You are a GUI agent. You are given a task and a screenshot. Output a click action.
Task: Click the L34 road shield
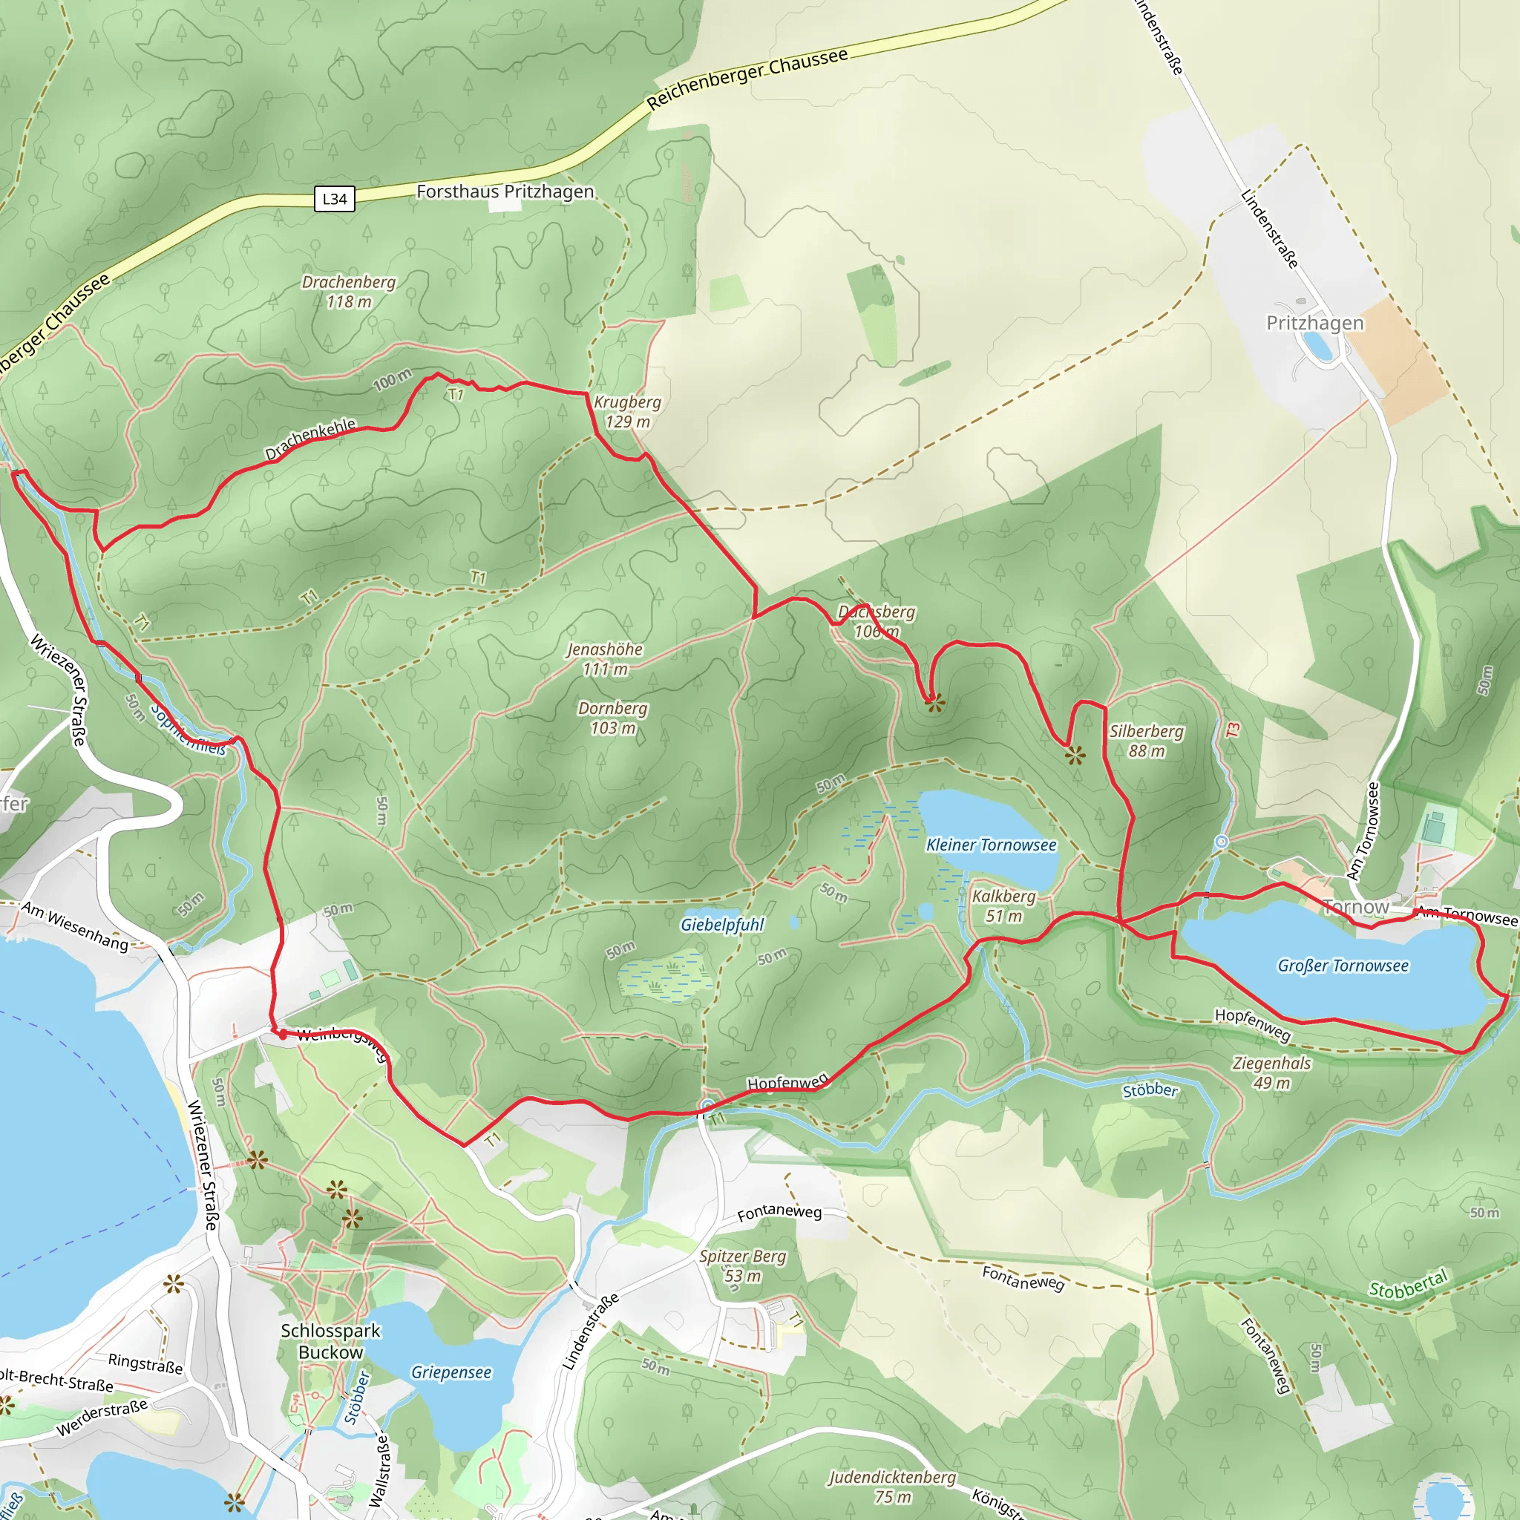335,198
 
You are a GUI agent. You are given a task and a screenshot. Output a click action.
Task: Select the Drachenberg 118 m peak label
349,291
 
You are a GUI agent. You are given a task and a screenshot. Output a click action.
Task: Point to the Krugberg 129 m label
627,411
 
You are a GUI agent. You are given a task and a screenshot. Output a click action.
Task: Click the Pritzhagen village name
1314,323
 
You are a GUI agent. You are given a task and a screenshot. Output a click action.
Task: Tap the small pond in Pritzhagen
1319,345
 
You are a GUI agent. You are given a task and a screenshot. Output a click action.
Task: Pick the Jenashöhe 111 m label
604,658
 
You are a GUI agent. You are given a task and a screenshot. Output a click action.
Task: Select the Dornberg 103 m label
612,718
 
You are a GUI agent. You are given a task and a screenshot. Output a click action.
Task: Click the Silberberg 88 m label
1146,740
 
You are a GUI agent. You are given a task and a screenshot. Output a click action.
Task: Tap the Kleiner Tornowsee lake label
991,845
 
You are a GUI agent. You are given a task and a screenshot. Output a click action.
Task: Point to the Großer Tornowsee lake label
1343,966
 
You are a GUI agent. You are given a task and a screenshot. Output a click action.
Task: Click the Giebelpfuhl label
721,925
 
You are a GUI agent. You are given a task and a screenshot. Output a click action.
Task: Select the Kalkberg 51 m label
1004,905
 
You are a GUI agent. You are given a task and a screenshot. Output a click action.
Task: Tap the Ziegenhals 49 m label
1271,1072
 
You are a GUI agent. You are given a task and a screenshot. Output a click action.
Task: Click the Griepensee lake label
451,1372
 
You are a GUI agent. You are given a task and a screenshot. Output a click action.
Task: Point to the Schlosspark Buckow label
330,1340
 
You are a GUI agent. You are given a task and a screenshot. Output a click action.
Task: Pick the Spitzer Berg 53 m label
743,1265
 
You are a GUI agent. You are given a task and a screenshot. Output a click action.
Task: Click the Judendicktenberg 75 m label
891,1486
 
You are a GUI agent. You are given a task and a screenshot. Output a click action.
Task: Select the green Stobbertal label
1407,1285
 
